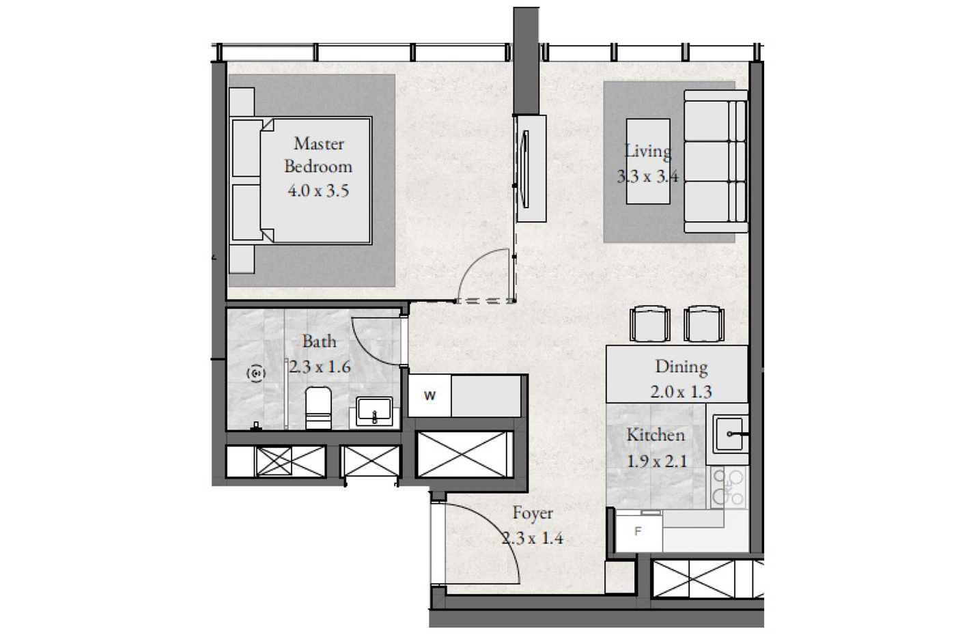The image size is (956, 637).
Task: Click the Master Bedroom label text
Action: pos(318,155)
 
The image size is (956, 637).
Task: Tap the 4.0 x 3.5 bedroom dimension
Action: pos(318,190)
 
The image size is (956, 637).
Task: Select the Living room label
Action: pos(648,152)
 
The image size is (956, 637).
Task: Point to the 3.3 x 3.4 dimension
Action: pos(647,176)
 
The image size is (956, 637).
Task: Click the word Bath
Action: pos(320,341)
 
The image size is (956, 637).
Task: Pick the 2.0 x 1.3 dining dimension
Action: pos(681,392)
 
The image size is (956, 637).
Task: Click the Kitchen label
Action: pos(656,435)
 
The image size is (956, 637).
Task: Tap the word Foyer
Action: pos(533,513)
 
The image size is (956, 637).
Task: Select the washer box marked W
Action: pos(430,395)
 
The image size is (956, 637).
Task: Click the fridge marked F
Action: pos(638,532)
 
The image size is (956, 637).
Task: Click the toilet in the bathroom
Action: pos(318,408)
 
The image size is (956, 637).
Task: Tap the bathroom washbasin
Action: pos(374,411)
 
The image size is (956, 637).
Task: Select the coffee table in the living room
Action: pos(648,161)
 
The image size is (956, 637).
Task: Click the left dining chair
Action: pos(649,324)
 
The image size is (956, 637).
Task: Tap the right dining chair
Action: pos(704,324)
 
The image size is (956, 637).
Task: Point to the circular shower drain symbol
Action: pos(256,373)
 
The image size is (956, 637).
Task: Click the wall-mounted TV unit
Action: pos(531,169)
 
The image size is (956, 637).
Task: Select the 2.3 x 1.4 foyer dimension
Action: pos(532,539)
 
